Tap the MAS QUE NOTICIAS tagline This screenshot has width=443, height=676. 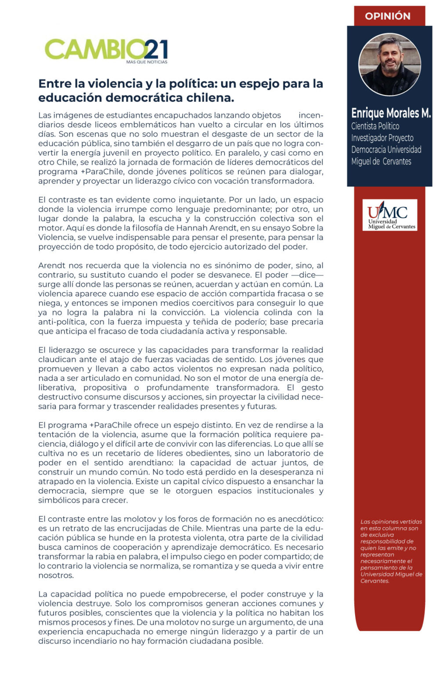[146, 62]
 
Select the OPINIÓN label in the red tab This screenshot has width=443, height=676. [388, 16]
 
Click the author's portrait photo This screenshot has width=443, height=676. [389, 65]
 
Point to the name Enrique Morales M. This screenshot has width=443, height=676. [391, 113]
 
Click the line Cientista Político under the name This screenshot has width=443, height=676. [375, 126]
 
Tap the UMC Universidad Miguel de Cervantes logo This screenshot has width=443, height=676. [390, 215]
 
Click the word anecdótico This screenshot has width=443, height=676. [295, 519]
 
